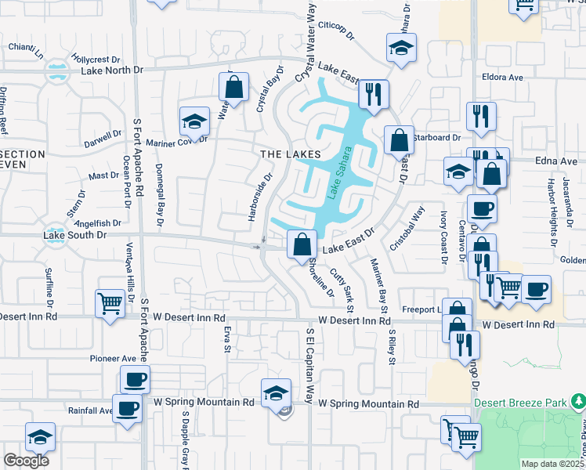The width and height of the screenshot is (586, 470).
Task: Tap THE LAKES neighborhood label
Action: tap(291, 154)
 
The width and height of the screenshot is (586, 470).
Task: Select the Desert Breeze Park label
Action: tap(520, 403)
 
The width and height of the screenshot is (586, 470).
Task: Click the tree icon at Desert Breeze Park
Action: tap(577, 402)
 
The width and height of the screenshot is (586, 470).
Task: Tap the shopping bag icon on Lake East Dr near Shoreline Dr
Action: tap(302, 245)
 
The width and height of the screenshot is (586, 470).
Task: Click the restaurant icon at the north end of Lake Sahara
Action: tap(374, 95)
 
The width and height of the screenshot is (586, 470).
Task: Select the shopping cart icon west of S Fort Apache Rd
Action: tap(110, 303)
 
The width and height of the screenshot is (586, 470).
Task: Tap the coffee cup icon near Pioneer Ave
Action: tap(135, 381)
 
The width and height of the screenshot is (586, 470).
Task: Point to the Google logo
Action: tap(26, 461)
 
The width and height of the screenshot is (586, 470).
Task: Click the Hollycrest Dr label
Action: tap(95, 59)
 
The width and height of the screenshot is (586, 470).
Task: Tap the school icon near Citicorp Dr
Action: tap(401, 49)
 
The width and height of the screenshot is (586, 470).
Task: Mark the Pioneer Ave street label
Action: tap(113, 358)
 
